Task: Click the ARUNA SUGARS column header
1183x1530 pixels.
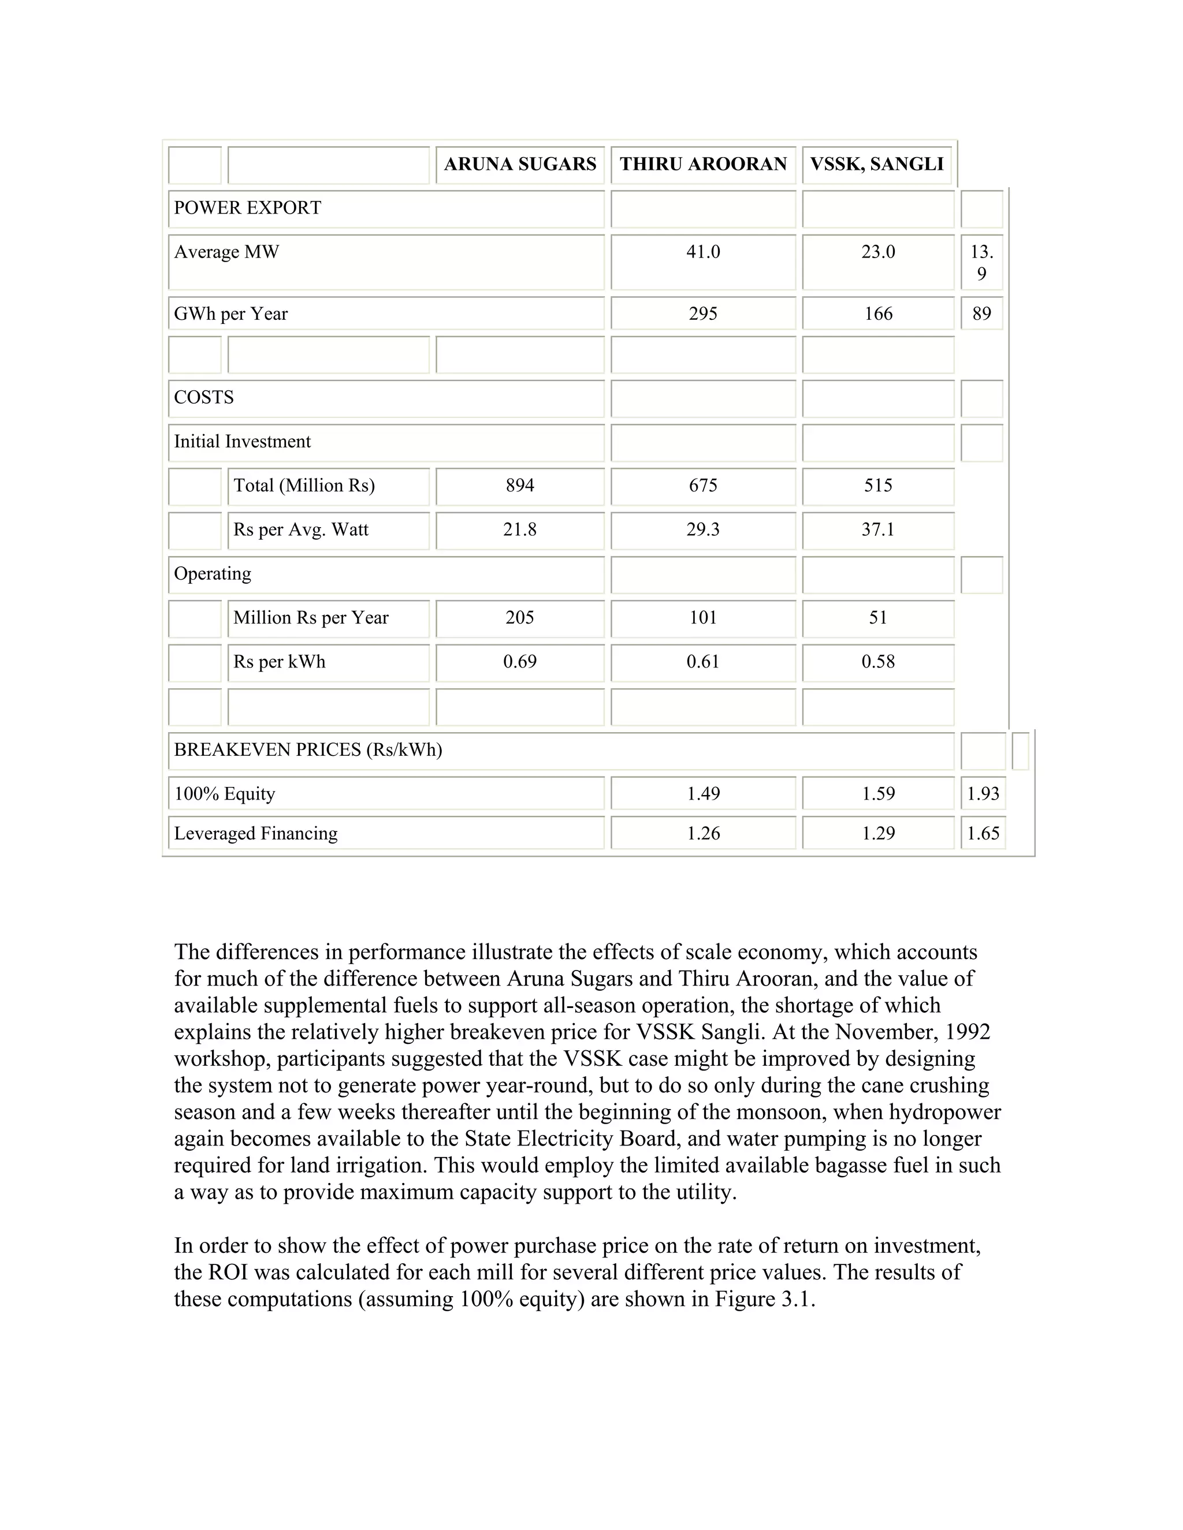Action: [x=519, y=164]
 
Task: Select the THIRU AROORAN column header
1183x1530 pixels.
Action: [x=703, y=164]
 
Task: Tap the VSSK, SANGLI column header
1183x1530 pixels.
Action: [x=877, y=164]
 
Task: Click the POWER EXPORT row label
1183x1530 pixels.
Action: [x=247, y=208]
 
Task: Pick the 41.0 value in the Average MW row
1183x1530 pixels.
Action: [x=703, y=252]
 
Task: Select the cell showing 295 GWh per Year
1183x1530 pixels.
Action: [x=703, y=314]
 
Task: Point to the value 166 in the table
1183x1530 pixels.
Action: [x=878, y=314]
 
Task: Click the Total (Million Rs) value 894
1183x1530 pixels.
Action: [x=519, y=486]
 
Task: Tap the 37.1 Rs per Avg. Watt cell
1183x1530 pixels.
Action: [x=878, y=529]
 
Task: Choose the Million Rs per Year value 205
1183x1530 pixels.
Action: [x=519, y=618]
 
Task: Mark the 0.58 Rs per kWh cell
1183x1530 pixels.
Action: [x=878, y=662]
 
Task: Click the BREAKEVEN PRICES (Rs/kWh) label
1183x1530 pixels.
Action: [x=308, y=751]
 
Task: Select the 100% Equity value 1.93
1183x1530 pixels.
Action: [x=983, y=794]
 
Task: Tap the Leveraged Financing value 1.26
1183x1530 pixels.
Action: [x=703, y=834]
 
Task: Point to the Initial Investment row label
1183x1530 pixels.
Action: [x=242, y=442]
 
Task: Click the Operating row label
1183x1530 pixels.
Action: [x=213, y=574]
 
